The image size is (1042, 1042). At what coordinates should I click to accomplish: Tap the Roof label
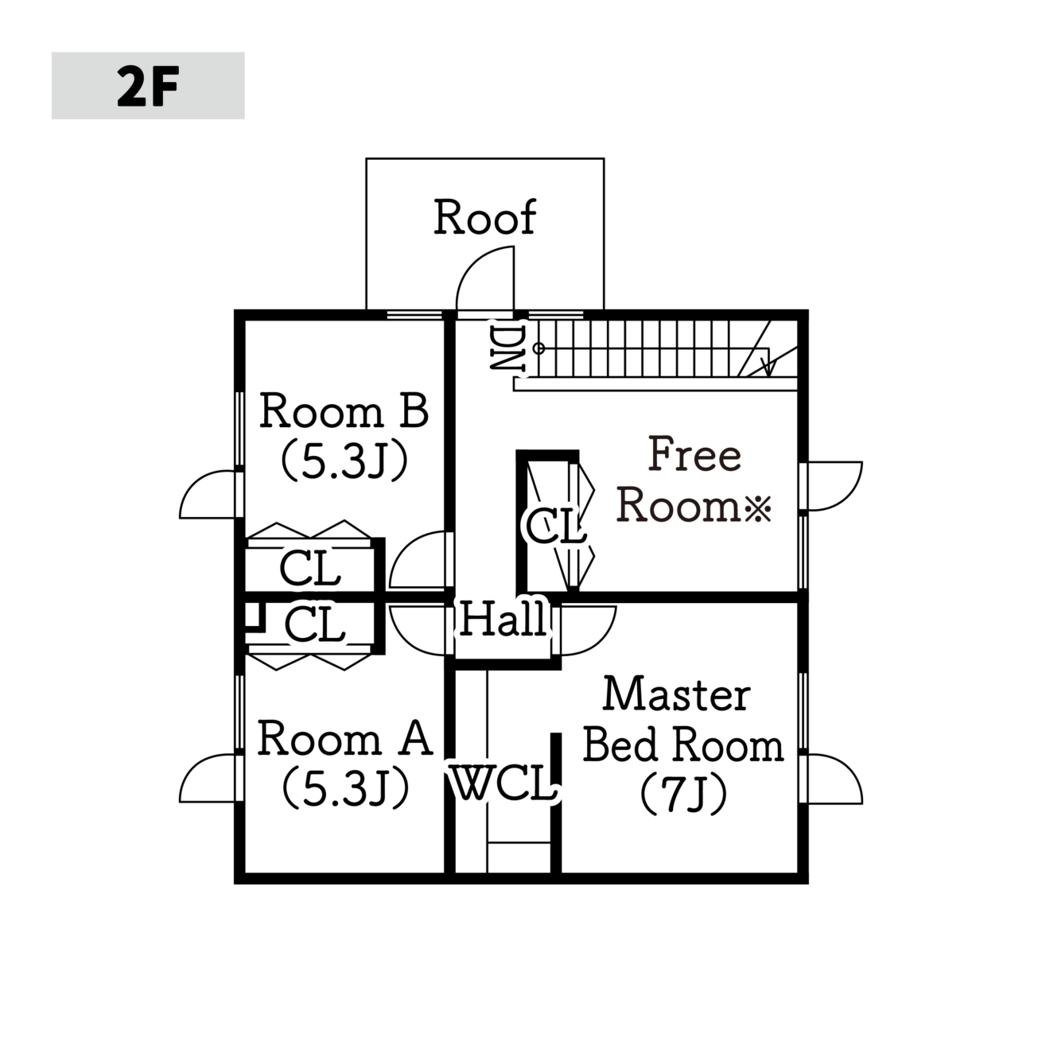[485, 217]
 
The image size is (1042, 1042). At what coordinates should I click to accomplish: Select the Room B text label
[344, 410]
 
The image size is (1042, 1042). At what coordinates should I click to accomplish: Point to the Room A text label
[345, 738]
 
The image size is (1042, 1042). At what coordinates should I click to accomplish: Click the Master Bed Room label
[683, 721]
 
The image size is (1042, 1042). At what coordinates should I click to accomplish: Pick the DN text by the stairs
[507, 348]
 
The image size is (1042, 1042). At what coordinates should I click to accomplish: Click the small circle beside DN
[538, 348]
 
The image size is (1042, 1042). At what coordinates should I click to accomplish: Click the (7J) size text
[683, 795]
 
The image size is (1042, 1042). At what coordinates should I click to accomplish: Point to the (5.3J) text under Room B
[344, 462]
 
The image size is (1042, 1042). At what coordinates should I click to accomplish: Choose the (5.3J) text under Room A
[345, 790]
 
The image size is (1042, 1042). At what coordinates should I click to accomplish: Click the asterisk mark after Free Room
[758, 510]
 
